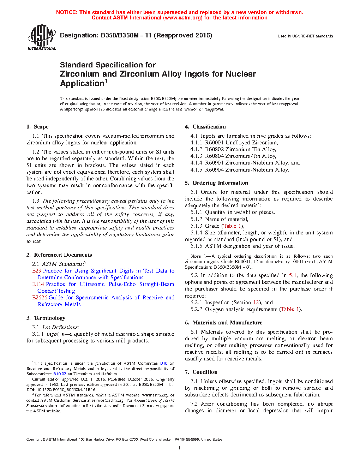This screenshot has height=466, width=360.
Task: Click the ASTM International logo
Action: click(x=42, y=37)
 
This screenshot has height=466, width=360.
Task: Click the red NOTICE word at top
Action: click(x=67, y=12)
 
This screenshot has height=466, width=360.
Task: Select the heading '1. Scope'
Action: click(x=37, y=127)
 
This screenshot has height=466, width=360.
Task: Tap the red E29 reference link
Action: click(x=37, y=271)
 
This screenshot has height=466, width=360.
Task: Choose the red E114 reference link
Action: click(x=38, y=284)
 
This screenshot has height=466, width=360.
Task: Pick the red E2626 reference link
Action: click(x=40, y=298)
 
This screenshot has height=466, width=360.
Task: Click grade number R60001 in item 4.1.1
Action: click(x=214, y=143)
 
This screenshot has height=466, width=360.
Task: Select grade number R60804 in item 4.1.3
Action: click(x=214, y=156)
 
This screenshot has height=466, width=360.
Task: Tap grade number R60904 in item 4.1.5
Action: click(x=214, y=170)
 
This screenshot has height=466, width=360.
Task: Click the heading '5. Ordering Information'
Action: click(x=216, y=183)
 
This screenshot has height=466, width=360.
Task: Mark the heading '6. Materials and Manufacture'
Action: click(x=223, y=323)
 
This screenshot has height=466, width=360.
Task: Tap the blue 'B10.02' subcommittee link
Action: click(x=59, y=374)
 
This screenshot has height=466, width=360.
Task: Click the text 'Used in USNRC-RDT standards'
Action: click(x=305, y=36)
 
